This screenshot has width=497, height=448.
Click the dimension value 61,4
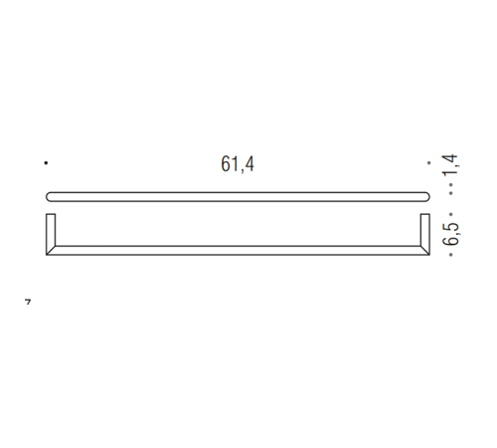tap(238, 165)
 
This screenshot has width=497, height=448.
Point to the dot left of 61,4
tap(46, 162)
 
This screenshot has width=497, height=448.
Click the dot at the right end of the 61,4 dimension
tap(429, 162)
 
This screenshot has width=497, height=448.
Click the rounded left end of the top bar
tap(51, 195)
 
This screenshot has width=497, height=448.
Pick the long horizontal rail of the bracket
tap(238, 250)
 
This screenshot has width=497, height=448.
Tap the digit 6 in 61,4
tap(226, 165)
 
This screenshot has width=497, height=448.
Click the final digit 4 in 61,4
tap(249, 165)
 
